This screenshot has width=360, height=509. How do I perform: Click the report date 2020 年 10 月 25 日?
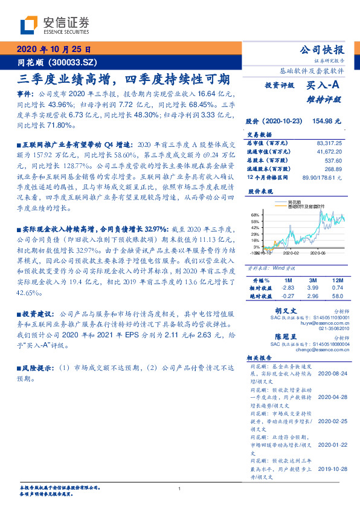click(54, 50)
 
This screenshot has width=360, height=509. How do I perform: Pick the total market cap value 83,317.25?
click(329, 143)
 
